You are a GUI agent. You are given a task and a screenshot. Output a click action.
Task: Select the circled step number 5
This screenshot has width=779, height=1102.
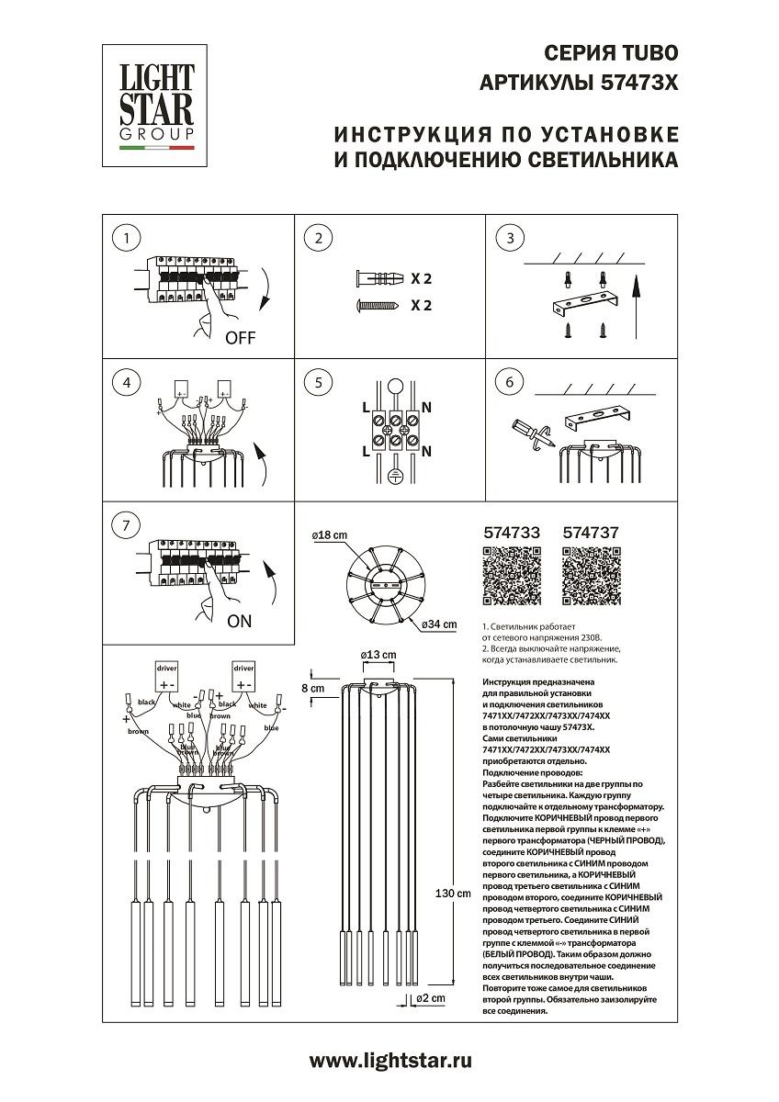tap(318, 382)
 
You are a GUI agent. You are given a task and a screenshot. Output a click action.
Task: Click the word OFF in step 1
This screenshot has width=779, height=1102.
tap(241, 337)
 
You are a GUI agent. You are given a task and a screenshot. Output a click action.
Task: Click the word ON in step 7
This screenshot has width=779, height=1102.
tap(238, 621)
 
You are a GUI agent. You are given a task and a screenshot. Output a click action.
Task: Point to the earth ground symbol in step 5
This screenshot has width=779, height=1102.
tap(396, 477)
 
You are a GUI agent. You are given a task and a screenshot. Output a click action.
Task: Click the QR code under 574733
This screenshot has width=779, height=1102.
tap(511, 577)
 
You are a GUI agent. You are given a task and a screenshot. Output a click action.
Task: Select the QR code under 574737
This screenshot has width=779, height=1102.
tap(590, 577)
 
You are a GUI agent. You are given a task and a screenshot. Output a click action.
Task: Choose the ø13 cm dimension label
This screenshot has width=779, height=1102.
tap(378, 654)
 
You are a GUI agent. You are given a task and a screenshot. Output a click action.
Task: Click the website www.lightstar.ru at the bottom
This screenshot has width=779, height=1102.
tap(390, 1061)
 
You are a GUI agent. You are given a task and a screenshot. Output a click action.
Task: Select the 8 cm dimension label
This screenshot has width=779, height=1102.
tap(313, 688)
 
